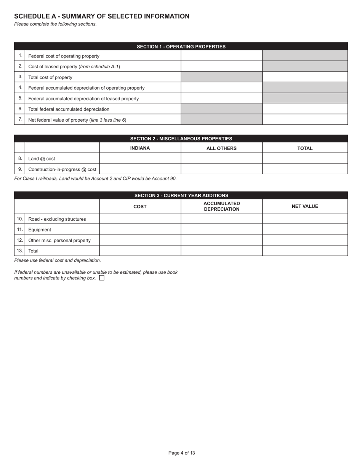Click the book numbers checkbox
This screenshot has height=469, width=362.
tap(102, 278)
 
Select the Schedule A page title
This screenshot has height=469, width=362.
tap(102, 16)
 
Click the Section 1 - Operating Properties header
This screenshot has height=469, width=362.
tap(181, 47)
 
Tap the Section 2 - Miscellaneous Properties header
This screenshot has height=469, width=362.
tap(181, 138)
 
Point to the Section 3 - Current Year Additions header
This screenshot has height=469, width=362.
tap(181, 195)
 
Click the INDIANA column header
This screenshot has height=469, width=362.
tap(140, 148)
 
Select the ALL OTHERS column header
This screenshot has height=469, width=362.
tap(221, 148)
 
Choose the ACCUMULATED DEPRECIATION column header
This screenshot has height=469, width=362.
tap(221, 206)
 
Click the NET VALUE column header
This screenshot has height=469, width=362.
tap(305, 206)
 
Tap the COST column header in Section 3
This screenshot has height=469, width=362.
tap(140, 206)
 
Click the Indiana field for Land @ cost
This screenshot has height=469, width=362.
tap(140, 158)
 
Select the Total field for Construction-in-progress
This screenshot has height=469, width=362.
tap(305, 169)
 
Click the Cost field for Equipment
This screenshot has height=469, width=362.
tap(140, 229)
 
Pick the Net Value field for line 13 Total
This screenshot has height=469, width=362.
tap(305, 251)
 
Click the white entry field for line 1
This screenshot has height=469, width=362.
tap(221, 56)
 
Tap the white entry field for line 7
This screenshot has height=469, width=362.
tap(305, 119)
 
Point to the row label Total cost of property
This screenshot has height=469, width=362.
tap(50, 77)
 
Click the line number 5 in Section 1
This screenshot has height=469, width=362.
tap(20, 98)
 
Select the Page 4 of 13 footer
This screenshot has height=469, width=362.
tap(181, 453)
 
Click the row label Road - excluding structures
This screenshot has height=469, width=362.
tap(57, 219)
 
